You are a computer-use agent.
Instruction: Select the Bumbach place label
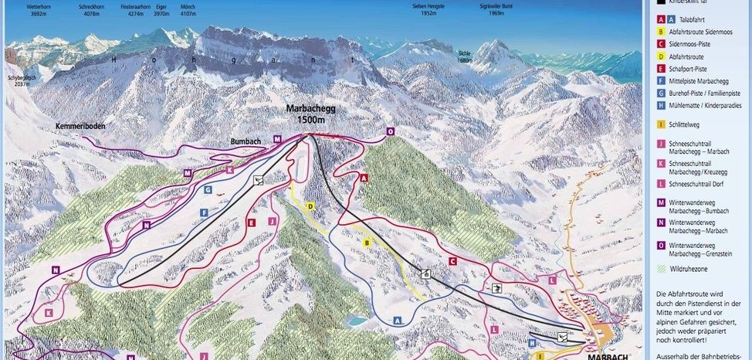pos(248,142)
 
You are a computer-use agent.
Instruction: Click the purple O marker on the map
pos(391,131)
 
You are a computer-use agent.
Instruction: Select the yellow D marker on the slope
pos(310,206)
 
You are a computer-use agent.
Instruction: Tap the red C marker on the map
pos(452,260)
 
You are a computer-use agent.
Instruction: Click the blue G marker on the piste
pos(208,188)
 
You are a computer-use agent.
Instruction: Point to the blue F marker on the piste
pos(204,212)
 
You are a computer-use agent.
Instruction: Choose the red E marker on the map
pos(251,222)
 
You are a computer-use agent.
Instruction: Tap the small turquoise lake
pos(357,318)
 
